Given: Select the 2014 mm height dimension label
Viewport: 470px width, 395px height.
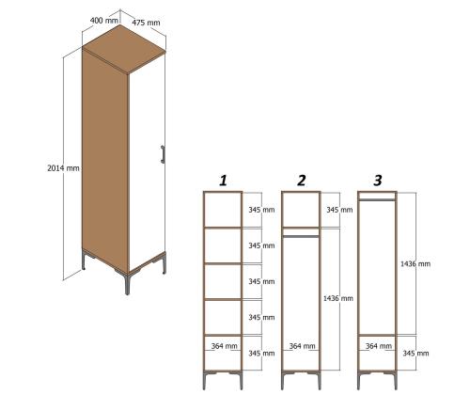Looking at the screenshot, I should [63, 167].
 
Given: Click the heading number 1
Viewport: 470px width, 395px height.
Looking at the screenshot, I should [223, 180].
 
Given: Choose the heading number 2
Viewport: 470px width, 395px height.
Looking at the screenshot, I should [301, 180].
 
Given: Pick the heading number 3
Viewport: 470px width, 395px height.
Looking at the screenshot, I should [377, 179].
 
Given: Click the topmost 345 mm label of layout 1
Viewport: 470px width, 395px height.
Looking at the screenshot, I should [259, 210].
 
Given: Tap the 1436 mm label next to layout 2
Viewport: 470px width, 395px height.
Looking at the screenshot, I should [338, 298].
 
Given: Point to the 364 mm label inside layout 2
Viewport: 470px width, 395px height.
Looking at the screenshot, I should [301, 347].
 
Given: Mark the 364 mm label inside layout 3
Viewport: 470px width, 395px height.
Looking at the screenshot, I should [378, 347].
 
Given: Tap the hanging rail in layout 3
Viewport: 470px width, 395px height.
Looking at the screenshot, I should [378, 199].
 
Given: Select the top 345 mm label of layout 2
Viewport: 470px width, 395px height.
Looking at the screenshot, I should [338, 210].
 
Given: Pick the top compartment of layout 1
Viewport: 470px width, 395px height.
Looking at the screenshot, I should [223, 210].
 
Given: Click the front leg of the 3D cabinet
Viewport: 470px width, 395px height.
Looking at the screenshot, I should [126, 281].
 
